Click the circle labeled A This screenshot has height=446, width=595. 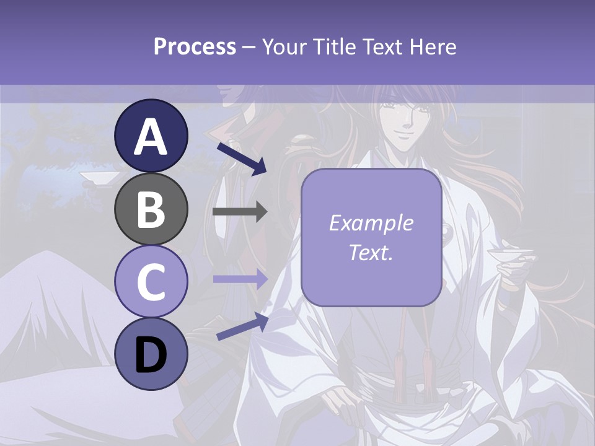(x=151, y=136)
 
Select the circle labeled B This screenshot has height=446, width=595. (x=151, y=209)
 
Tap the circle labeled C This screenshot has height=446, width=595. (x=151, y=281)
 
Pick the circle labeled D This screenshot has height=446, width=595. (x=151, y=354)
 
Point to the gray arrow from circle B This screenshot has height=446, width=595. (x=240, y=212)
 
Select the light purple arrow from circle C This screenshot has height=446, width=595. (x=240, y=279)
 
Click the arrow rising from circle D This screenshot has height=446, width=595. (x=242, y=326)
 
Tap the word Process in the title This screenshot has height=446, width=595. (x=195, y=46)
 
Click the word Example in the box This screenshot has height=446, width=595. (x=371, y=223)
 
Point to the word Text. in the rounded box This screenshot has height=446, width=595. (x=371, y=252)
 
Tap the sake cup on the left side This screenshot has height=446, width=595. (x=99, y=178)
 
